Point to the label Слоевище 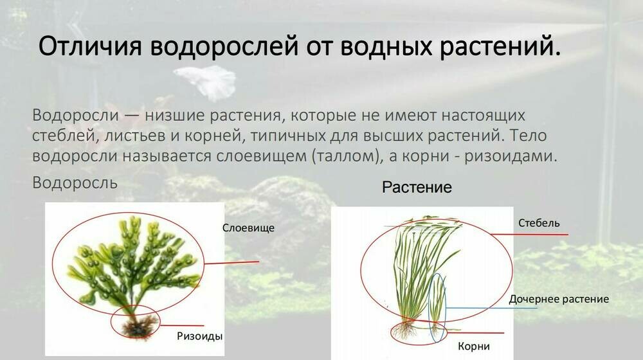(248, 228)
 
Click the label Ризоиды (200, 336)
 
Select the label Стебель (538, 223)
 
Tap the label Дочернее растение (558, 299)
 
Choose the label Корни (473, 346)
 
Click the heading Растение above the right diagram (417, 188)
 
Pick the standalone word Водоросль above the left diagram (75, 183)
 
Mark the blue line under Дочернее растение (492, 308)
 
